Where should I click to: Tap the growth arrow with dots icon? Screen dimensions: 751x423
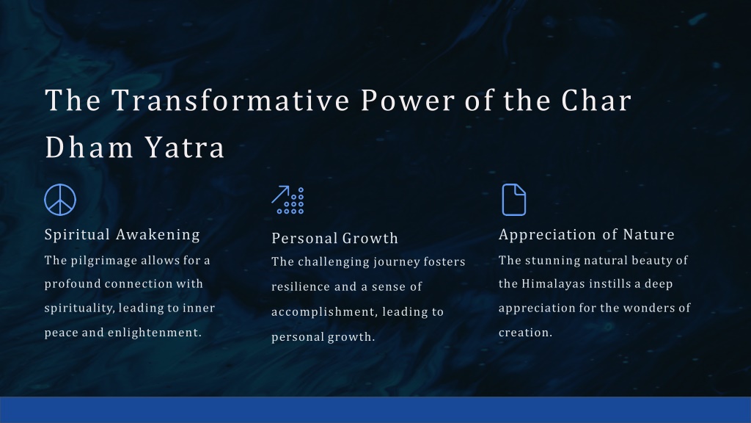(x=287, y=200)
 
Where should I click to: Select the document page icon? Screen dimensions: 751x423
(x=514, y=200)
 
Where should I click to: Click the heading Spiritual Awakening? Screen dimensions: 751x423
(x=122, y=234)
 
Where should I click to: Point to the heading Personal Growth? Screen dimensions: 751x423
(x=334, y=238)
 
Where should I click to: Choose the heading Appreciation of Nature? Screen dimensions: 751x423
(x=586, y=234)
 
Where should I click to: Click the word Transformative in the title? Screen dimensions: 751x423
(x=231, y=100)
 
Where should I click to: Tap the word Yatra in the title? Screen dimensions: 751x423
(x=184, y=147)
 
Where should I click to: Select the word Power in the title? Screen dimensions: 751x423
(x=407, y=100)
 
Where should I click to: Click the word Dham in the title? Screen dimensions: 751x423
(x=89, y=147)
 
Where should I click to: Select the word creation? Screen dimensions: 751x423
(x=525, y=333)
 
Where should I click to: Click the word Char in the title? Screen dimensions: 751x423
(x=596, y=100)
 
